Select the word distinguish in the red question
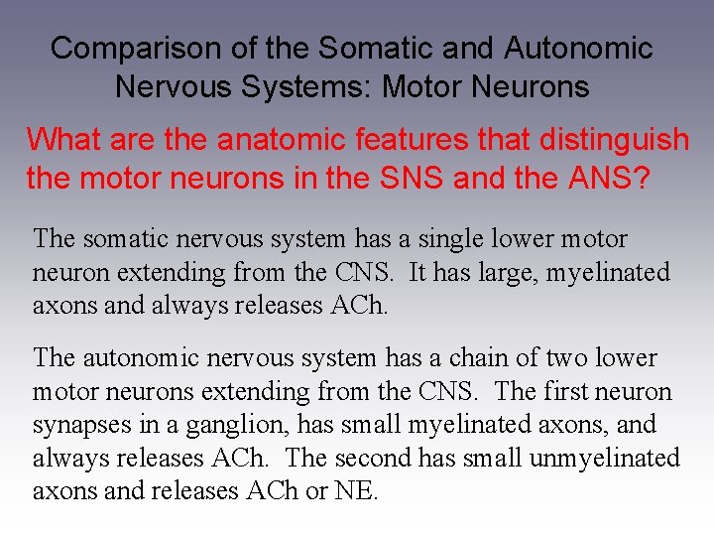coord(614,139)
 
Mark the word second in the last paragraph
coord(371,458)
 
